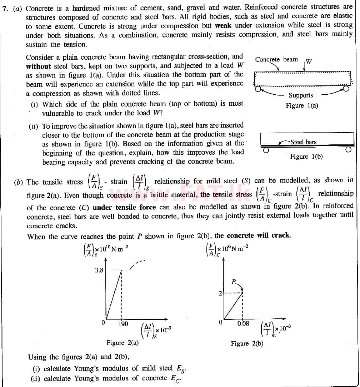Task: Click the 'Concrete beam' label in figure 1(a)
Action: (276, 59)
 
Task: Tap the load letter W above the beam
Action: (309, 61)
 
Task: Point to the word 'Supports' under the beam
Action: (301, 95)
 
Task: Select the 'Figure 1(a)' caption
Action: (302, 106)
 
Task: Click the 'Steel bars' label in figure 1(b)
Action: (304, 142)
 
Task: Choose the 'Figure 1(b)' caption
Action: (306, 157)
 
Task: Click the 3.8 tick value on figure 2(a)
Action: (99, 271)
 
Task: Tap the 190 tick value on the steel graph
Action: (123, 324)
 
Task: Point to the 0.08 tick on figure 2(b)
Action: (243, 324)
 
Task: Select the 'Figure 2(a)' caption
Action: (122, 343)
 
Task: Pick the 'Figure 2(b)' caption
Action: (247, 343)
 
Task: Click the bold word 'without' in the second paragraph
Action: (38, 66)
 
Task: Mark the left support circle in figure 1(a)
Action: (257, 89)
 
